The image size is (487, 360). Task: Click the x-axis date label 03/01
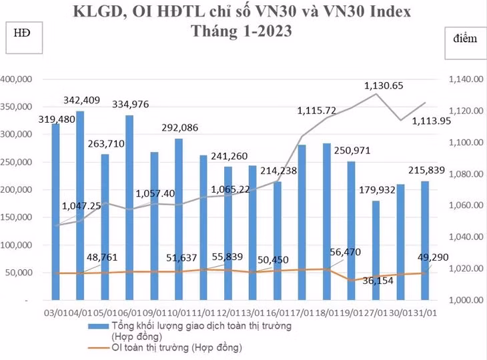point(54,311)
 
